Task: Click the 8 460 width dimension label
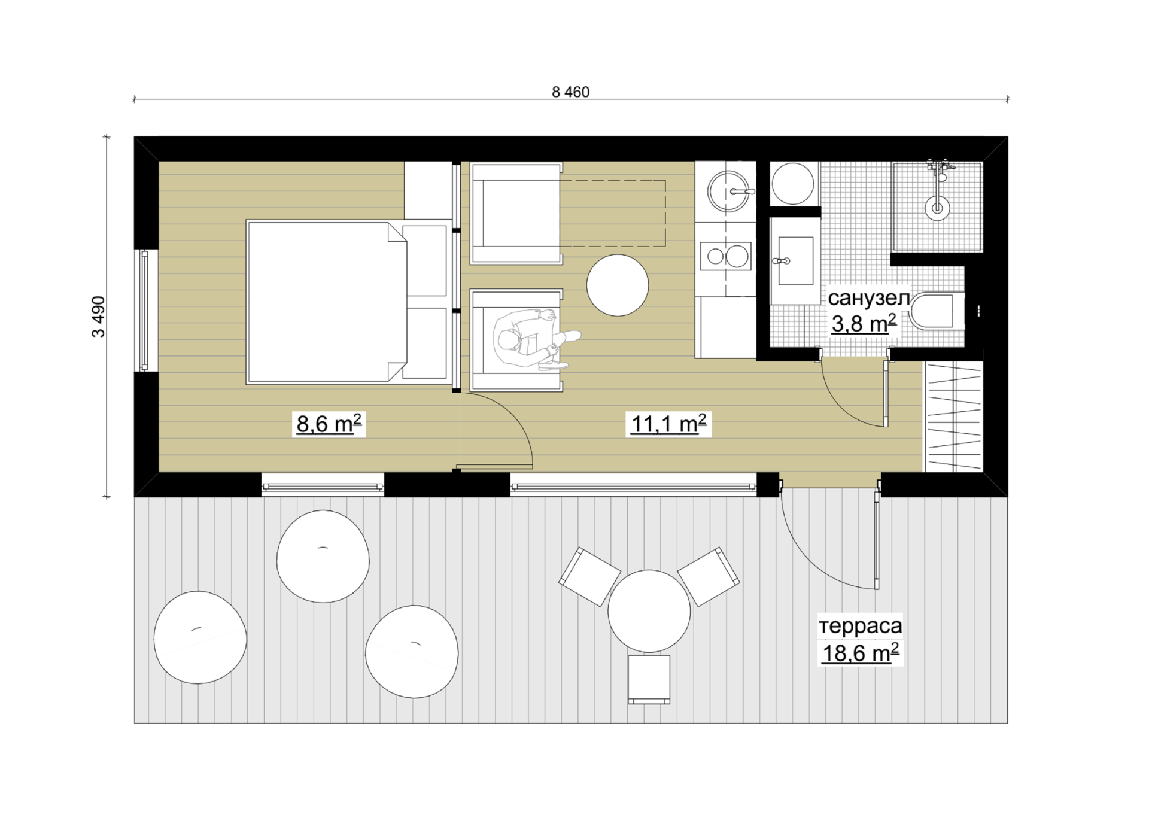(x=570, y=92)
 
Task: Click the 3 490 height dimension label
(x=98, y=317)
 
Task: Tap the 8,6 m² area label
(x=329, y=424)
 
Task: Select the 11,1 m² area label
(x=668, y=424)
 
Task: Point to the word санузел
(x=868, y=298)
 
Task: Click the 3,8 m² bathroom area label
(x=864, y=323)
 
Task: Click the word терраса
(x=860, y=626)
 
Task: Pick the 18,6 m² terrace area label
(x=861, y=652)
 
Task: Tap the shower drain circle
(x=937, y=208)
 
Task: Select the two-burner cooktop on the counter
(x=726, y=256)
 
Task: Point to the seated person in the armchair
(x=531, y=340)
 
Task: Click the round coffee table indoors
(x=618, y=285)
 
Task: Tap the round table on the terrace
(x=649, y=612)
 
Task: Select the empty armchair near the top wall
(x=516, y=214)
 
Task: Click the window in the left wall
(x=144, y=311)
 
